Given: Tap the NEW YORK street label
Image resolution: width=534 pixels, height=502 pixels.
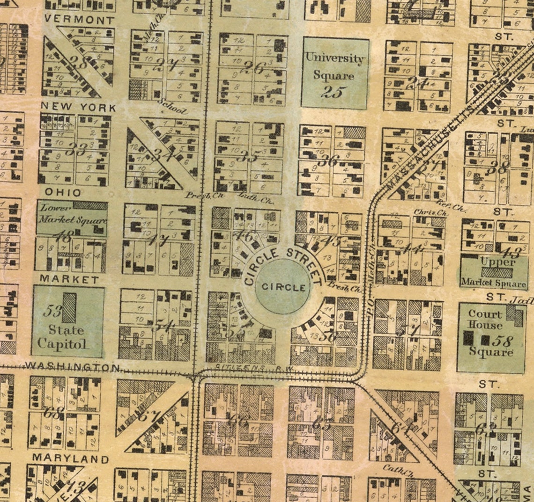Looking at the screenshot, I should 78,107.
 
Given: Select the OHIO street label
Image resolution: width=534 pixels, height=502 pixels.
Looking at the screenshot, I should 63,193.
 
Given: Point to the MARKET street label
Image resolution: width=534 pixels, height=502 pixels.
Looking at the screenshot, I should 69,279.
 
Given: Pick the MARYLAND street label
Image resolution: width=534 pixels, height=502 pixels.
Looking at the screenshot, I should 70,458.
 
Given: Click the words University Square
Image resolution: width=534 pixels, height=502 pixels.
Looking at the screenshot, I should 334,66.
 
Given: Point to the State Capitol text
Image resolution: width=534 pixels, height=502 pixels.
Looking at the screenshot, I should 62,336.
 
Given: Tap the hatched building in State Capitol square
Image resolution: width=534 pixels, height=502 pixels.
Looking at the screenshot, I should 69,308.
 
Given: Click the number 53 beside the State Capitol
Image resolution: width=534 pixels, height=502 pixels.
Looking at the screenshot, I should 52,311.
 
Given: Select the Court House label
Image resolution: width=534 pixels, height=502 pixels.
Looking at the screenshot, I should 485,320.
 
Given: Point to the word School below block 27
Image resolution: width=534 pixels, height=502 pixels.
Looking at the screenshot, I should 173,107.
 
